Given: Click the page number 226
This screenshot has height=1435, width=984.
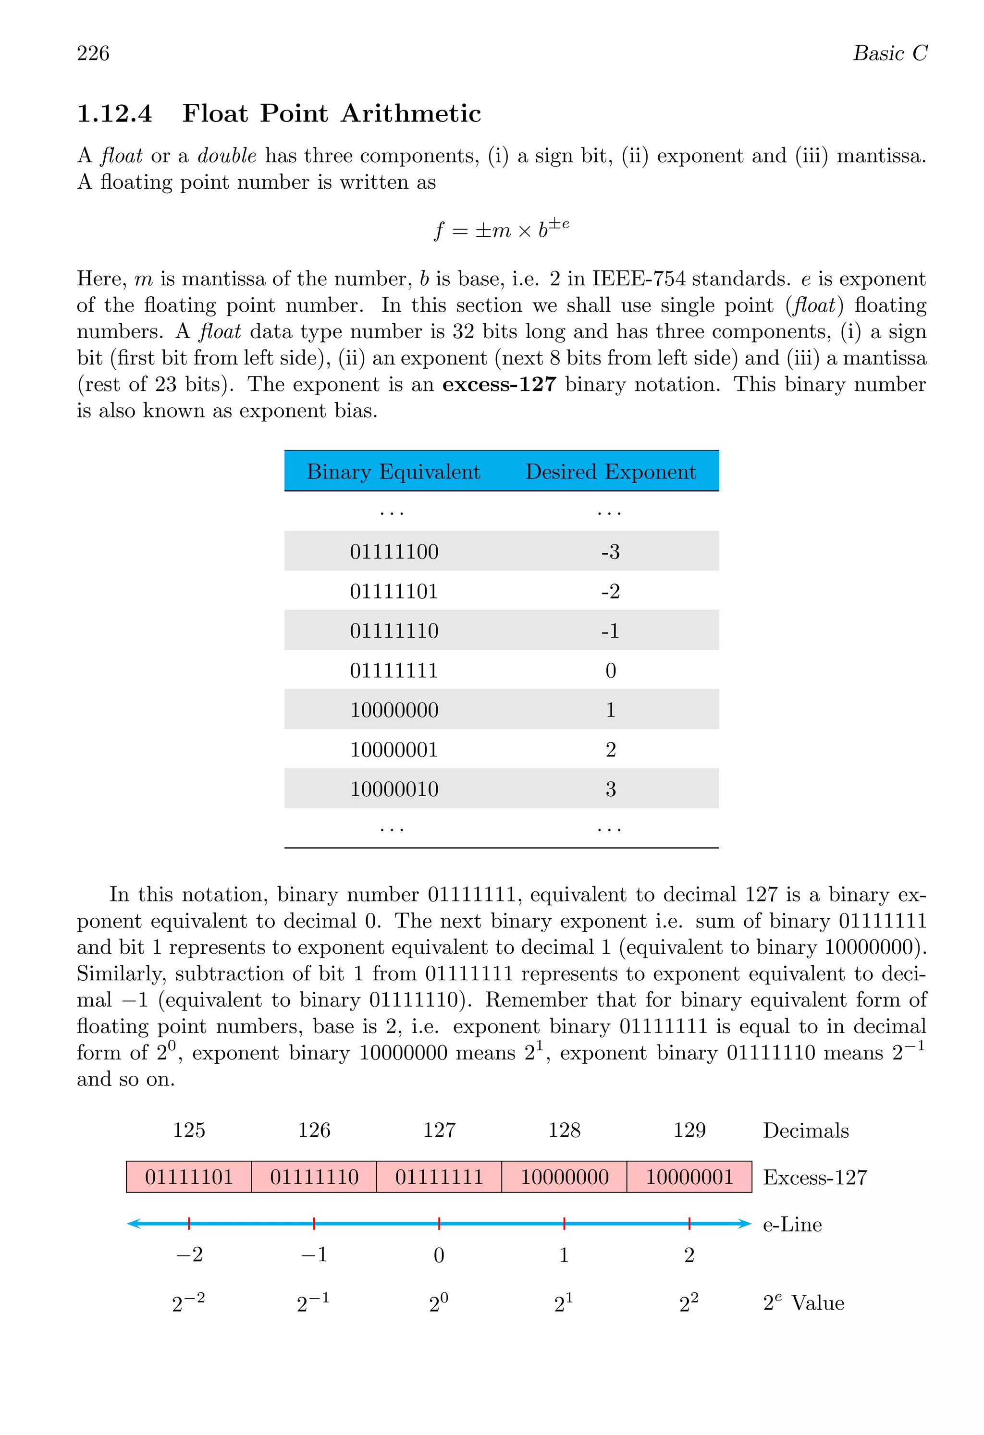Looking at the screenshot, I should [93, 54].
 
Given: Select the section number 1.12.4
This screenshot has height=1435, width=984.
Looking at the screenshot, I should [114, 114].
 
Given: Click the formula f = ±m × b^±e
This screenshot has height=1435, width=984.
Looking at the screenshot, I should [501, 229].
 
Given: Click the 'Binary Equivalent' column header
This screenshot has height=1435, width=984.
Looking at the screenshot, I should [393, 472].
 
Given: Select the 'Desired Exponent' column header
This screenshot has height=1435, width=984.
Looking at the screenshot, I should [610, 472].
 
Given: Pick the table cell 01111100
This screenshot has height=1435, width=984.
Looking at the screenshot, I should [394, 551].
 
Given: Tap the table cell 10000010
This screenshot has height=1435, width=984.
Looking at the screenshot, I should [394, 789].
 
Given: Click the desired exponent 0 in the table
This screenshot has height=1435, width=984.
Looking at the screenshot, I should [610, 670].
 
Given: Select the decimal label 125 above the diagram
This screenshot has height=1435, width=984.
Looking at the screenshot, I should [189, 1130].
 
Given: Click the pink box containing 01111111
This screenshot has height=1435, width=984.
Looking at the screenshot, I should [439, 1177].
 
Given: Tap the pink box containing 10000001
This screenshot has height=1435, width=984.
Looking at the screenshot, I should [689, 1177].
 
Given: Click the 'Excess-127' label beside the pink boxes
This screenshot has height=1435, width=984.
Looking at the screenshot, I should [815, 1178].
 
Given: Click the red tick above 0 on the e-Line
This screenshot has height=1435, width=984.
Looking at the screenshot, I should [439, 1223].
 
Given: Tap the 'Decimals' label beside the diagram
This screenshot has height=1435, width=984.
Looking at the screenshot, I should [805, 1131].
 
